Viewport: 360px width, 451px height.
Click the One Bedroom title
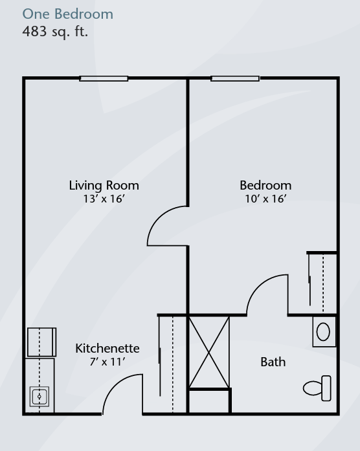tap(67, 14)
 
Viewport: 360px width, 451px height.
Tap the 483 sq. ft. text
tap(55, 31)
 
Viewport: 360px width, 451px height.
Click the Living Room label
tap(104, 186)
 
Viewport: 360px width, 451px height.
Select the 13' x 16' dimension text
tap(104, 199)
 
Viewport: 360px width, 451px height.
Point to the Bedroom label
tap(265, 186)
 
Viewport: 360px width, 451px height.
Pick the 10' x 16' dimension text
tap(265, 199)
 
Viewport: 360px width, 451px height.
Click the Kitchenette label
tap(107, 348)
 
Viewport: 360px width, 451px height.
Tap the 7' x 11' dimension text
tap(107, 362)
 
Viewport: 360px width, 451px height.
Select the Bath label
tap(273, 362)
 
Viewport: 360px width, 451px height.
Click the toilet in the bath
tap(317, 388)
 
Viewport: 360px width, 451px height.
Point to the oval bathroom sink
tap(323, 332)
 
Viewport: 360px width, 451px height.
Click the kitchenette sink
tap(39, 397)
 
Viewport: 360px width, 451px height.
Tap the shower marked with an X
tap(209, 352)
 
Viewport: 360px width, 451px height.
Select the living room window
tap(104, 78)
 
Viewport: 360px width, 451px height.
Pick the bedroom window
tap(235, 78)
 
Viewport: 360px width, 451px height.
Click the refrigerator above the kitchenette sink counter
tap(41, 342)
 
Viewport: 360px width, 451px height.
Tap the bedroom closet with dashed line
tap(322, 283)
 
